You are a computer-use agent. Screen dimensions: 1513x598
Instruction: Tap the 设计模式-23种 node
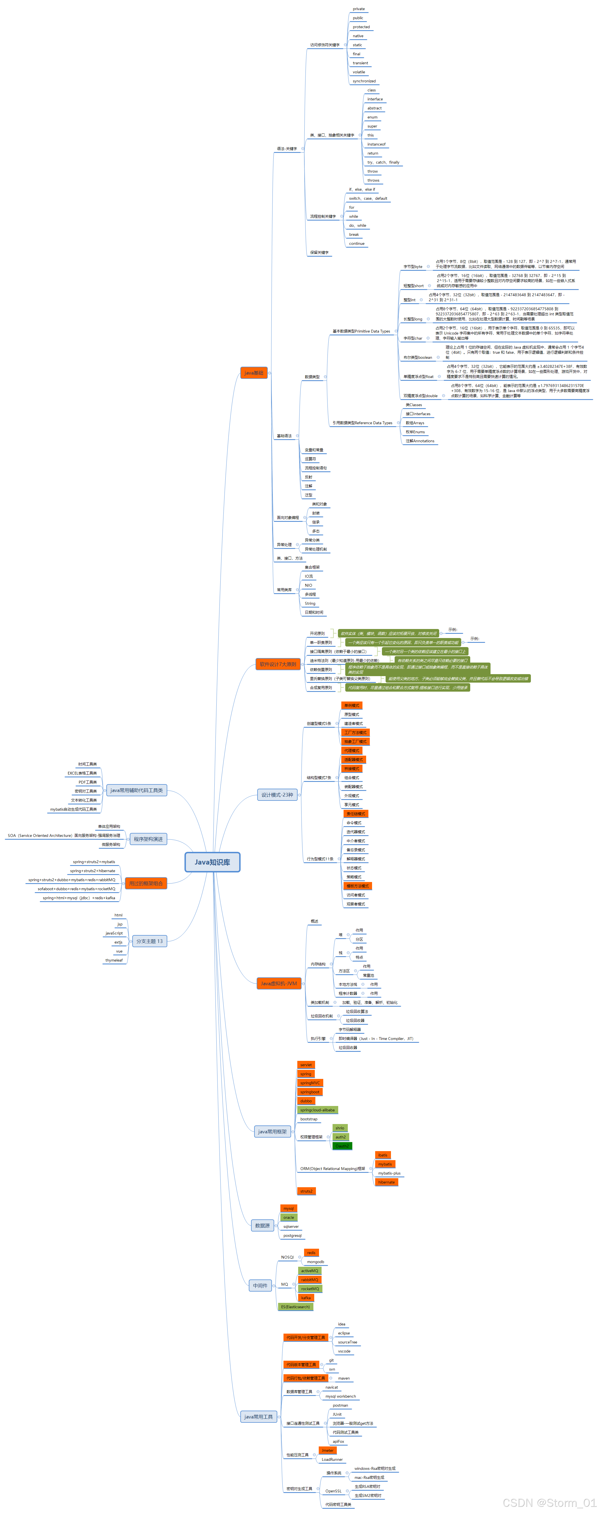click(277, 795)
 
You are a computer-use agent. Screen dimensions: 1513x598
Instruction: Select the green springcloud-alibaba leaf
click(317, 1110)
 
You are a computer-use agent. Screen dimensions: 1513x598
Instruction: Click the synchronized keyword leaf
click(364, 81)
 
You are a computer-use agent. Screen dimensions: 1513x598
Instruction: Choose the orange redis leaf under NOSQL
click(311, 1253)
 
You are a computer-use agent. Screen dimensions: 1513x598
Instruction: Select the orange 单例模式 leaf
click(351, 705)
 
